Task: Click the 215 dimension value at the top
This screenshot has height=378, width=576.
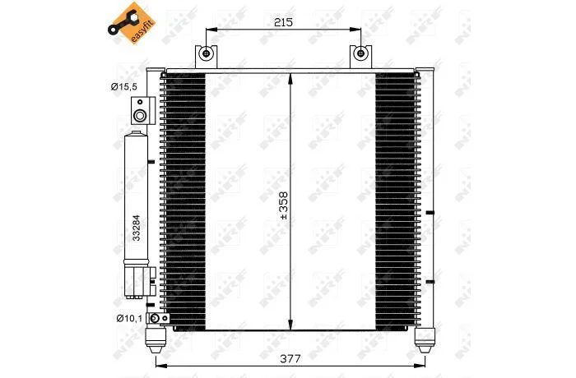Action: [284, 22]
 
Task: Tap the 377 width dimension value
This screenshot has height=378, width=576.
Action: [290, 358]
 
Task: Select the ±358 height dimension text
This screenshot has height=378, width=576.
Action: [284, 205]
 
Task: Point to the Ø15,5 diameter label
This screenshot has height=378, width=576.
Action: [123, 86]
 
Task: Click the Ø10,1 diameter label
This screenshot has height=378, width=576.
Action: [129, 318]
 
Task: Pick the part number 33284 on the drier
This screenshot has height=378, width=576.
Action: [136, 228]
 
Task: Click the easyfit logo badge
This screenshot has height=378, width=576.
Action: [132, 23]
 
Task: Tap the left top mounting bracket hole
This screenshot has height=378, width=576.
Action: [206, 53]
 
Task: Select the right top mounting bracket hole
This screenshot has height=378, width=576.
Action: [360, 53]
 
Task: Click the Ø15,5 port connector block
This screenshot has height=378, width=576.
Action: [143, 110]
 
